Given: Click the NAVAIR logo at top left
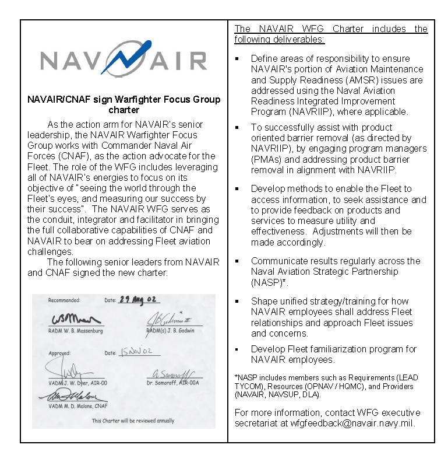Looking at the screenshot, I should point(123,60).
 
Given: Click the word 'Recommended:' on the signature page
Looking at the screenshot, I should point(64,300).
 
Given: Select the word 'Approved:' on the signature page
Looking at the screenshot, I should point(59,353).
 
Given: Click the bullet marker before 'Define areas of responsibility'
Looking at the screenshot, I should point(237,59).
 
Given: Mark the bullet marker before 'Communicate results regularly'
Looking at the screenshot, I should point(237,261).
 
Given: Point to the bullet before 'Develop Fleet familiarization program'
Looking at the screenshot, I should point(237,349).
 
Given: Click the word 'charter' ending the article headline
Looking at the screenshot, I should point(124,110).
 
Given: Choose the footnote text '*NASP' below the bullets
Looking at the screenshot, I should point(245,378).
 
